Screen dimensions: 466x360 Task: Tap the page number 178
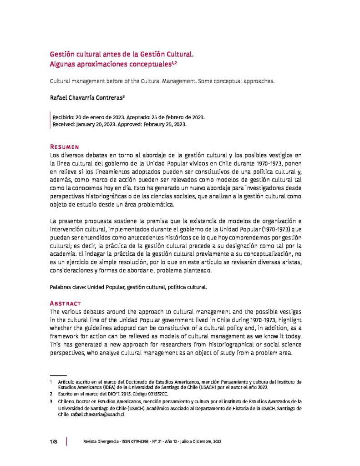53,442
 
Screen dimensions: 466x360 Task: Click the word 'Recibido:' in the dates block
65,117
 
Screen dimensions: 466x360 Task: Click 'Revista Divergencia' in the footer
97,442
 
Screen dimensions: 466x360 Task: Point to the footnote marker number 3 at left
51,402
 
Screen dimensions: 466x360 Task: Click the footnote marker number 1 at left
51,381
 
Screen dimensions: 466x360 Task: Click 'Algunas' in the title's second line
64,65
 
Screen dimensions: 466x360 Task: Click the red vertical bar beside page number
67,442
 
